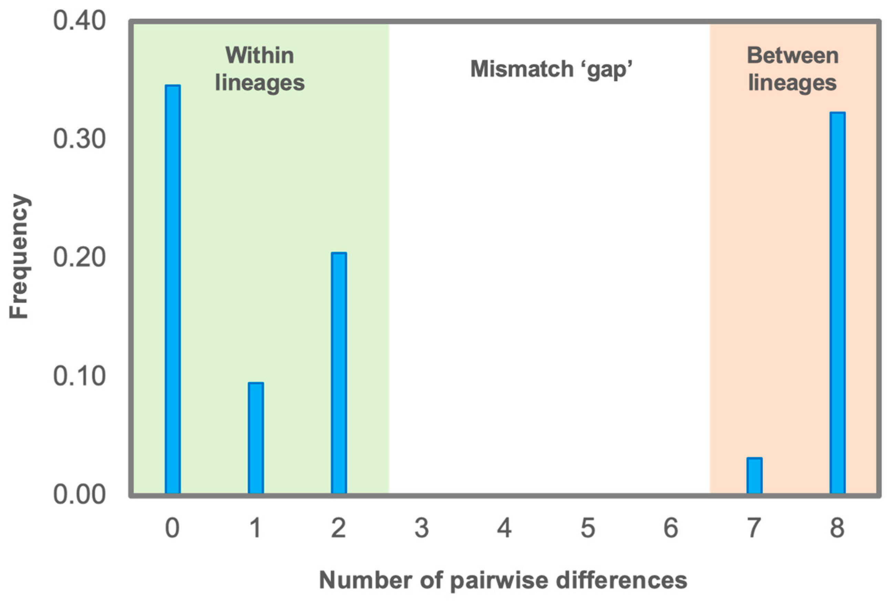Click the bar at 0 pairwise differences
click(173, 290)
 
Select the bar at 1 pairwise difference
click(256, 438)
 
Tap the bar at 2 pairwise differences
click(339, 373)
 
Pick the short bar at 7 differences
click(754, 476)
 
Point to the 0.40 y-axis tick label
click(79, 21)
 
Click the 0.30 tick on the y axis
click(79, 139)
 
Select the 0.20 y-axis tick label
click(79, 257)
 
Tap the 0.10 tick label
click(79, 376)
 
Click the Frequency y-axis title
click(19, 257)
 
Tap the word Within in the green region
click(260, 55)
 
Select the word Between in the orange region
click(793, 55)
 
